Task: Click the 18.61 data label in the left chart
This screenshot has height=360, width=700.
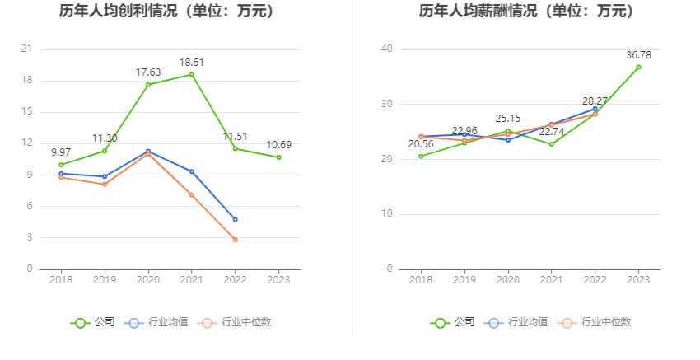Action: tap(192, 62)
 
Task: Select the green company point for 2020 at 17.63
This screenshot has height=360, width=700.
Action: tap(148, 85)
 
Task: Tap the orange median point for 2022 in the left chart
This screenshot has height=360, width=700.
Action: tap(236, 240)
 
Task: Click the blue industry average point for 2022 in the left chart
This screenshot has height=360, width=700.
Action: tap(236, 219)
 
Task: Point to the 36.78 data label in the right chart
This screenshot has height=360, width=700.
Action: tap(638, 54)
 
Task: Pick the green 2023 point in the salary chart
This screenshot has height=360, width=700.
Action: tap(638, 68)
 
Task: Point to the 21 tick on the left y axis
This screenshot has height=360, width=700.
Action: tap(26, 49)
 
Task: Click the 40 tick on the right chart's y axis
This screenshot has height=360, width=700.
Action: tap(386, 49)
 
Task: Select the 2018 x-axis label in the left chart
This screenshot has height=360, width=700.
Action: tap(61, 280)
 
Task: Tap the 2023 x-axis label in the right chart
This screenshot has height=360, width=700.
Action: tap(638, 280)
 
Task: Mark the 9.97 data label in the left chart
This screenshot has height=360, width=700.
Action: tap(61, 152)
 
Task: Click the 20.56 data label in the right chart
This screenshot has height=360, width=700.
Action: tap(421, 144)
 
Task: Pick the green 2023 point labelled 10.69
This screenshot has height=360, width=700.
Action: tap(278, 157)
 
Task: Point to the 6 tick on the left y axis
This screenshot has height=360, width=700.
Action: tap(29, 206)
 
